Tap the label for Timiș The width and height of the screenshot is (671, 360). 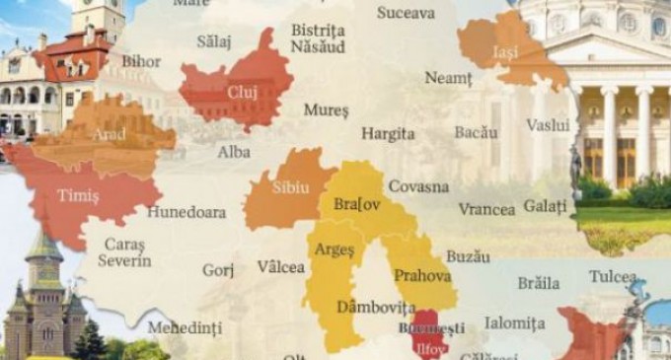79,196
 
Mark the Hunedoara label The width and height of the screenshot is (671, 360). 187,211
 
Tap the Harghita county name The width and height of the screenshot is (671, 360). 387,130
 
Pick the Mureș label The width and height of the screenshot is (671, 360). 326,109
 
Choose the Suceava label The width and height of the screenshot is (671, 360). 405,14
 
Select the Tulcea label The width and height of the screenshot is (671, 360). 613,276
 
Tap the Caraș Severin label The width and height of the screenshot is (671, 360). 124,252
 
